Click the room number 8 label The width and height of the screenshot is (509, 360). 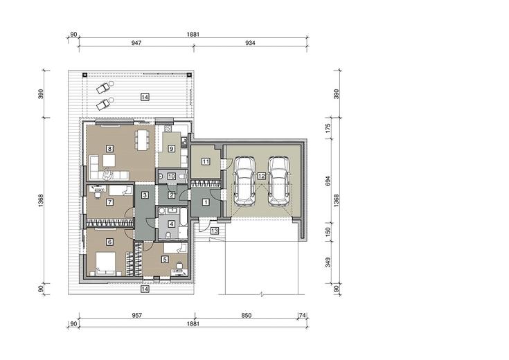109,149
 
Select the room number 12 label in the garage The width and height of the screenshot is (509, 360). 261,176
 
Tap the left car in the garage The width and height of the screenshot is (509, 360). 244,181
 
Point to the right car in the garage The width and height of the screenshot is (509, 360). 279,181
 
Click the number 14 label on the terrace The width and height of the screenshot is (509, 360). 145,97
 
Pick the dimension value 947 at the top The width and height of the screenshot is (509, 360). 136,42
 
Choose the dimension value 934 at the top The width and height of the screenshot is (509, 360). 250,42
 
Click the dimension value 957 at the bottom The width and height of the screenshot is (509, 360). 137,315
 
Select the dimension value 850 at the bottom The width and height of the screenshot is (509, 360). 247,315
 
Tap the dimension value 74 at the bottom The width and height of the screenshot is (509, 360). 303,315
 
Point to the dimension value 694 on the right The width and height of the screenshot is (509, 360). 328,181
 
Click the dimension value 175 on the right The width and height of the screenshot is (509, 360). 328,128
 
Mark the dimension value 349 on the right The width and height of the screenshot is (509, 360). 328,262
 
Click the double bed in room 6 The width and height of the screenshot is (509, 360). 105,263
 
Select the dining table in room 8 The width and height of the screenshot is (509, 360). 143,140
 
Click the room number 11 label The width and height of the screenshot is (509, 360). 206,161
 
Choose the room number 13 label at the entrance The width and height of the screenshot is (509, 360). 214,231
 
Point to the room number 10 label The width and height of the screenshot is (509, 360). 172,177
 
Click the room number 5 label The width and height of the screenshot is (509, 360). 166,260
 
